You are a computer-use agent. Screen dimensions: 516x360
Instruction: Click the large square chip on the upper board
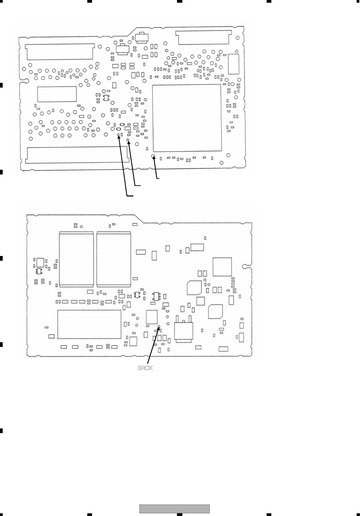pyautogui.click(x=187, y=118)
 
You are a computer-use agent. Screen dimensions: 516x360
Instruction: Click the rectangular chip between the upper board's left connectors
pyautogui.click(x=57, y=94)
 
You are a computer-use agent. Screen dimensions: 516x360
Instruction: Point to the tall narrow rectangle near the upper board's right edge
pyautogui.click(x=233, y=64)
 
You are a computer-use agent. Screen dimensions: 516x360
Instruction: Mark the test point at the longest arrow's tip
pyautogui.click(x=118, y=135)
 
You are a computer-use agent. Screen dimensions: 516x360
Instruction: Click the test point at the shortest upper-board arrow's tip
pyautogui.click(x=153, y=157)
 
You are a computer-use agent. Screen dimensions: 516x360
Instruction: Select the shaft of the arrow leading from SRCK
pyautogui.click(x=153, y=345)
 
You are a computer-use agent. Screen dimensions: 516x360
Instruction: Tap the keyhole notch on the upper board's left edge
pyautogui.click(x=24, y=81)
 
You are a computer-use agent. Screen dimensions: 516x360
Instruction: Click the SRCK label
pyautogui.click(x=145, y=368)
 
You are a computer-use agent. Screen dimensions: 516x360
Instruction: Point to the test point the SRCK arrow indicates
pyautogui.click(x=159, y=327)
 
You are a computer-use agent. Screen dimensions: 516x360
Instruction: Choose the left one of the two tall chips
pyautogui.click(x=76, y=259)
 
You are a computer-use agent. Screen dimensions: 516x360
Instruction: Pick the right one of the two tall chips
pyautogui.click(x=114, y=259)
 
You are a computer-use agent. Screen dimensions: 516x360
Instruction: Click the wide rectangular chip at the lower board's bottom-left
pyautogui.click(x=89, y=324)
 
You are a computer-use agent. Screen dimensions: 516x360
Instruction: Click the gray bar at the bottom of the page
pyautogui.click(x=175, y=509)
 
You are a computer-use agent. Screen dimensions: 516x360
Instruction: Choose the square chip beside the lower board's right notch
pyautogui.click(x=222, y=267)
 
